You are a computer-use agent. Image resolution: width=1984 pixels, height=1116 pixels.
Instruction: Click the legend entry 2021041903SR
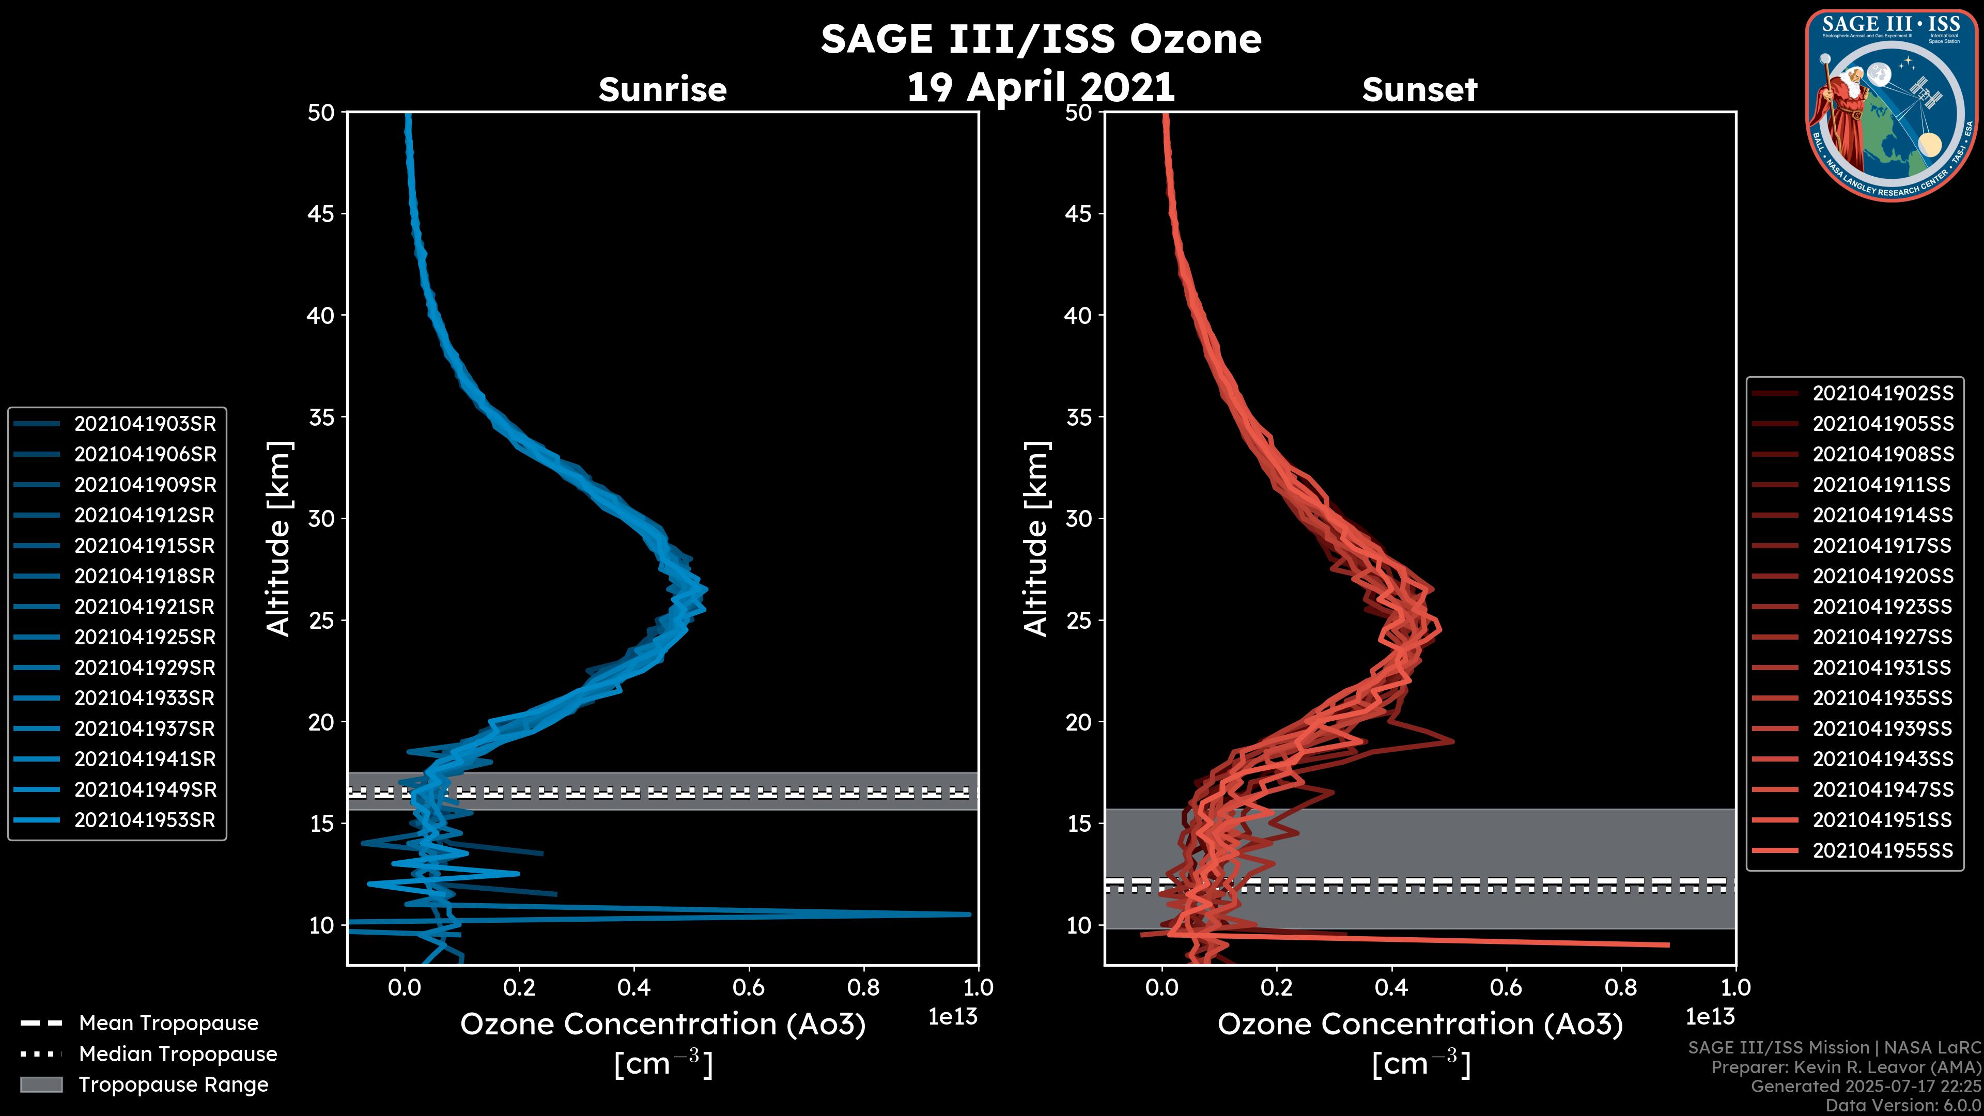pyautogui.click(x=145, y=424)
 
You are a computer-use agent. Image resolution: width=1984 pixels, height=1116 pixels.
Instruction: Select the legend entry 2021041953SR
pyautogui.click(x=145, y=819)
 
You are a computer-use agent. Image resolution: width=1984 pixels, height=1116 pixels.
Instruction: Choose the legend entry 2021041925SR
pyautogui.click(x=145, y=637)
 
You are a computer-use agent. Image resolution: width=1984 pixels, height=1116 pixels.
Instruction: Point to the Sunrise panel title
pyautogui.click(x=662, y=89)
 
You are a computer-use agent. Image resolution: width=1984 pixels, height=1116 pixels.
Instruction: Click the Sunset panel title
pyautogui.click(x=1419, y=89)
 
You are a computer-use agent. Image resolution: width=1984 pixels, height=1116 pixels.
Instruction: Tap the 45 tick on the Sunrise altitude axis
pyautogui.click(x=321, y=213)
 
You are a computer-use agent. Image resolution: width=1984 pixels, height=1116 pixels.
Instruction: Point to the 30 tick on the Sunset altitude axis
pyautogui.click(x=1078, y=518)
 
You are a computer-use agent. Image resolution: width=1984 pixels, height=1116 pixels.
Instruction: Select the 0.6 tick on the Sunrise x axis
pyautogui.click(x=749, y=987)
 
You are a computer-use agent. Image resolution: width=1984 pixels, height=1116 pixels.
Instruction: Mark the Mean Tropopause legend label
pyautogui.click(x=168, y=1023)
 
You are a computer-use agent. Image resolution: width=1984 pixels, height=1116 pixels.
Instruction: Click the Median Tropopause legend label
pyautogui.click(x=178, y=1053)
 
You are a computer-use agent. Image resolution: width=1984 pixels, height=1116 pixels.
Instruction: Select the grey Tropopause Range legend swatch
pyautogui.click(x=41, y=1084)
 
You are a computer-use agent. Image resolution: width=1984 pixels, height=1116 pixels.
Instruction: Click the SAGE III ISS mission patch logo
pyautogui.click(x=1890, y=105)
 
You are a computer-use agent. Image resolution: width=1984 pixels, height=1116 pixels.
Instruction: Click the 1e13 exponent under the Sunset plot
pyautogui.click(x=1710, y=1017)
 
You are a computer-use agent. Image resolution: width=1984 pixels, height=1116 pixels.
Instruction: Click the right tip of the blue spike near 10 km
pyautogui.click(x=969, y=914)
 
